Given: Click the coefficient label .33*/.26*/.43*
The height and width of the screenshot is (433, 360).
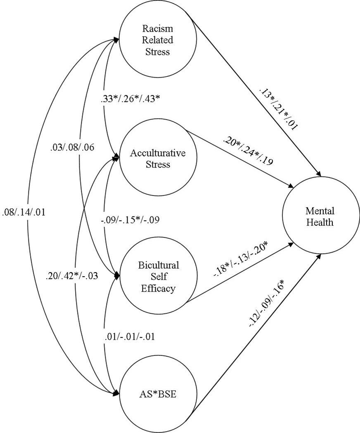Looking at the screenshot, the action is (x=130, y=99).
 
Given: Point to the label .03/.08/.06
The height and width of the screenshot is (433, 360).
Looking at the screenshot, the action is (x=72, y=147).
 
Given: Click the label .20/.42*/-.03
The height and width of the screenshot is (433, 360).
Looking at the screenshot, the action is (x=71, y=275).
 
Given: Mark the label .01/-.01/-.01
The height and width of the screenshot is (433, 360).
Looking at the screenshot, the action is (x=130, y=337).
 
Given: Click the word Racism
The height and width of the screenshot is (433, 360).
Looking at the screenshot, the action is (x=157, y=28).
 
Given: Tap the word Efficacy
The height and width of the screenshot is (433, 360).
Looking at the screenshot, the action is (x=158, y=289).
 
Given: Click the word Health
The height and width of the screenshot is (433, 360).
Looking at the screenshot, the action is (x=320, y=222).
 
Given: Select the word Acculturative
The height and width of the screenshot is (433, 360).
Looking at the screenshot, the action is (x=158, y=153).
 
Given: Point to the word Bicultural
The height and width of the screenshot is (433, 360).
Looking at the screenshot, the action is (x=159, y=266).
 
